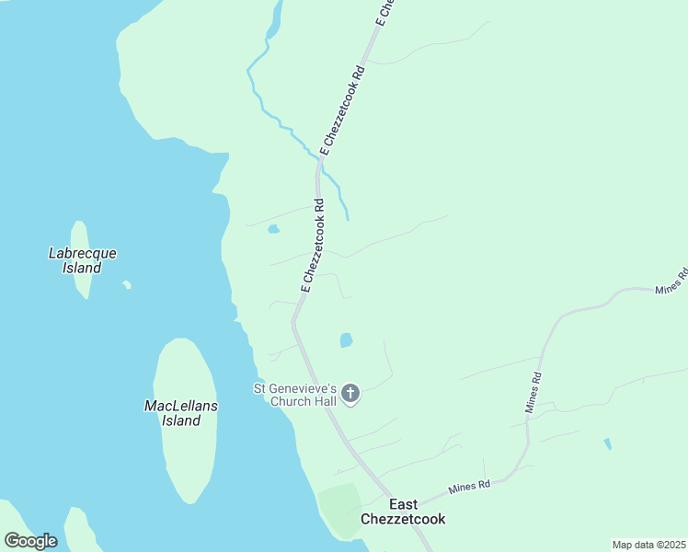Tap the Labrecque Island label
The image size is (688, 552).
82,260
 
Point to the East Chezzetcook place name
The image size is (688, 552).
403,512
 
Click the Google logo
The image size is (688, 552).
30,541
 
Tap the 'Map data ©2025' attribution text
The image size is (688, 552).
648,545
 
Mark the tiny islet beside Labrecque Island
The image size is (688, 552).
127,284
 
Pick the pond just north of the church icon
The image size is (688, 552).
346,340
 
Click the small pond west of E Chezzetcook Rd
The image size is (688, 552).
273,229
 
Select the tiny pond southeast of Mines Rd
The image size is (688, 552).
608,444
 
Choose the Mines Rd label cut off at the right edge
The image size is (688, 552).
671,281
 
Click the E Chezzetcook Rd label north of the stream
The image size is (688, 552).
343,109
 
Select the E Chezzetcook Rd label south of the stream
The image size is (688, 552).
312,246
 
